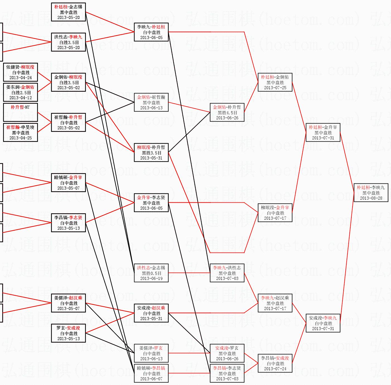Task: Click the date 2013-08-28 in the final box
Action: coord(371,198)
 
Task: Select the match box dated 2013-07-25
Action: coord(275,82)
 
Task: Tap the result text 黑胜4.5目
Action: coord(227,113)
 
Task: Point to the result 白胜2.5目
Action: coord(21,93)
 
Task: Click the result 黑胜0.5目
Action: coord(151,273)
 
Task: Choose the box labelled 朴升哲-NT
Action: coord(20,112)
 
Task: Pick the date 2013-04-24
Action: coord(20,78)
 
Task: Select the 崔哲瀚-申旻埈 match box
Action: coord(20,132)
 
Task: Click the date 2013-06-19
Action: coord(151,278)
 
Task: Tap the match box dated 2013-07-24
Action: coord(275,363)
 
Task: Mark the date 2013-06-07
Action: coord(151,379)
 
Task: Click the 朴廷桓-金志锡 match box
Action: coord(68,12)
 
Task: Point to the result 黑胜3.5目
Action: coord(151,153)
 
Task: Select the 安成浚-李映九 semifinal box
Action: coord(323,323)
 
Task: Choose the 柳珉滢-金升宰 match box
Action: coord(275,213)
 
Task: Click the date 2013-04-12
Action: coord(20,98)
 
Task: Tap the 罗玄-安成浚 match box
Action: coord(68,333)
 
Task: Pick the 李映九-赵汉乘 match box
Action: coord(275,303)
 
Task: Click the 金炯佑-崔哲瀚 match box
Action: coord(151,102)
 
